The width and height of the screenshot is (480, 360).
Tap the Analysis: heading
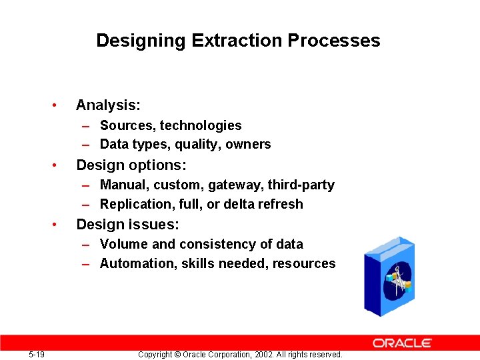tap(108, 105)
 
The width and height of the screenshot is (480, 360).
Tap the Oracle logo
tap(402, 343)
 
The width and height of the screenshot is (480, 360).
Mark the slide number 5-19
tap(37, 355)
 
